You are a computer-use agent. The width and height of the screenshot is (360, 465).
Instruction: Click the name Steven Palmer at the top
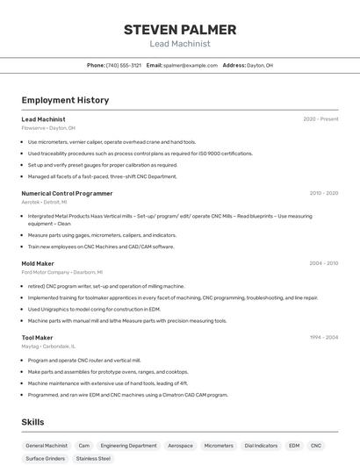[179, 29]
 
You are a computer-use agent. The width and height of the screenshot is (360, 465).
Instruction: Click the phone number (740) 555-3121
[124, 66]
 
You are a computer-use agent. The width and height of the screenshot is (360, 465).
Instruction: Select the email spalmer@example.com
[190, 66]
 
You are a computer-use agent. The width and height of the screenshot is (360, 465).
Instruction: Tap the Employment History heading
[65, 101]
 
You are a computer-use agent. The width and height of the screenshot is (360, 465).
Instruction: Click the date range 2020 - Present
[320, 119]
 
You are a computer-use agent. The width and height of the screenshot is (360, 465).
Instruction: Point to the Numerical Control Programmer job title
[67, 193]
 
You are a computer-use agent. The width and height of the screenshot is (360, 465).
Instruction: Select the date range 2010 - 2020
[323, 193]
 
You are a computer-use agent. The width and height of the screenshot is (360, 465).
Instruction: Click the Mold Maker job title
[38, 263]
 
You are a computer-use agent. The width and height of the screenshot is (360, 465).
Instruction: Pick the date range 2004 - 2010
[323, 263]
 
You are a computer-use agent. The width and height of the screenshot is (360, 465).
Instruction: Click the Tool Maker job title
[37, 337]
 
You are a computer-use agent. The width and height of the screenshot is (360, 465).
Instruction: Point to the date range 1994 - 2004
[323, 337]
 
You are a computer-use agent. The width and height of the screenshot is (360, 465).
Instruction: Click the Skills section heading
[32, 422]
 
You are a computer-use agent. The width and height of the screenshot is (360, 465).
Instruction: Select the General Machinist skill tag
[47, 446]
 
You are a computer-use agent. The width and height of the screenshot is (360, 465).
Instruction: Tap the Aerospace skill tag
[180, 446]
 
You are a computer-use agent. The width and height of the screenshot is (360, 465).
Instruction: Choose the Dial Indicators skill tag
[261, 446]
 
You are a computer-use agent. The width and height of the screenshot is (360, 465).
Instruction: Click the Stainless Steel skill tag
[93, 458]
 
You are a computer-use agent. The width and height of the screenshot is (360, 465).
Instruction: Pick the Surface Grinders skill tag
[45, 458]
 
